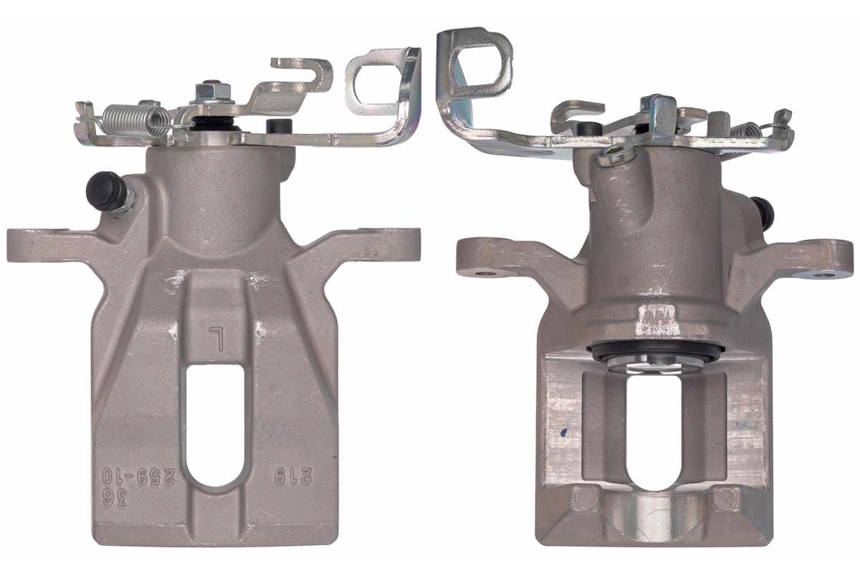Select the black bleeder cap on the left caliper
pos(105,191)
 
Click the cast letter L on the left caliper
pos(214,337)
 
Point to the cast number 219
pos(285,475)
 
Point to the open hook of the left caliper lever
pos(305,73)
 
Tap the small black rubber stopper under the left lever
pos(275,126)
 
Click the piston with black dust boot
pos(654,357)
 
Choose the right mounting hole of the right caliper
pos(825,274)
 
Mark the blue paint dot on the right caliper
pos(565,433)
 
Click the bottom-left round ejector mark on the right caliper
pos(583,496)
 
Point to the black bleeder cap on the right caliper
pos(765,212)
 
